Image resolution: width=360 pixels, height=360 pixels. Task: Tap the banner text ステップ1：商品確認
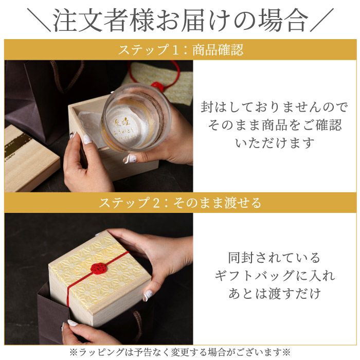pyautogui.click(x=180, y=50)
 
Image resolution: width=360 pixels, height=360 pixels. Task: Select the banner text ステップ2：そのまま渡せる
pyautogui.click(x=180, y=202)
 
